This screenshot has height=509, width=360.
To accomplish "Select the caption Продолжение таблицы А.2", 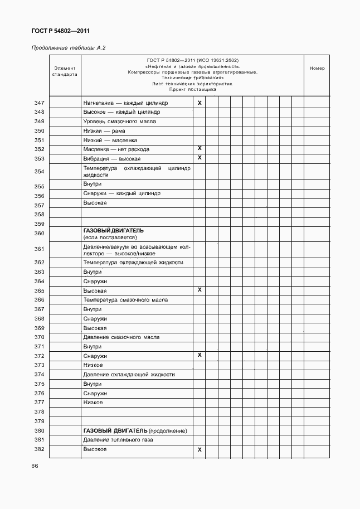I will tap(68, 48).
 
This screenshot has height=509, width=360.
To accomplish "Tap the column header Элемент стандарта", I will tap(65, 71).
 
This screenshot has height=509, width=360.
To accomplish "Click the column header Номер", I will tap(317, 68).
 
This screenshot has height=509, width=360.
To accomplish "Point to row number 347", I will tap(39, 103).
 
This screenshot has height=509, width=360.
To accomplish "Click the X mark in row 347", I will tap(199, 103).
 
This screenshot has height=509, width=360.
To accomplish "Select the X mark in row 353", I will tap(199, 158).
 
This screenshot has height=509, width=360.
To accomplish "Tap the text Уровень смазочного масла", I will tap(119, 122).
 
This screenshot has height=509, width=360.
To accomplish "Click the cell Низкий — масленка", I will tap(110, 140).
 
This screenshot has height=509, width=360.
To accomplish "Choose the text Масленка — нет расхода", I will tap(116, 149).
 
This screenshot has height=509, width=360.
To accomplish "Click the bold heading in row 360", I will tap(113, 230).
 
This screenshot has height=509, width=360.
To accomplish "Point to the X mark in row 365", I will tap(199, 290).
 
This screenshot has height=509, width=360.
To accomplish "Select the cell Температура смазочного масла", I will tap(125, 300).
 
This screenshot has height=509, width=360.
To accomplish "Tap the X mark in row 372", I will tap(199, 355).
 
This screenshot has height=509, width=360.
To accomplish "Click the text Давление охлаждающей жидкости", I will tap(129, 375).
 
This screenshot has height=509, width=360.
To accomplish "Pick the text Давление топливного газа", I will tap(117, 440).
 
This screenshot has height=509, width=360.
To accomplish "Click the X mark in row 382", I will tap(199, 449).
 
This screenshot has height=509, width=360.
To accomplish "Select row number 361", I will tap(39, 249).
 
